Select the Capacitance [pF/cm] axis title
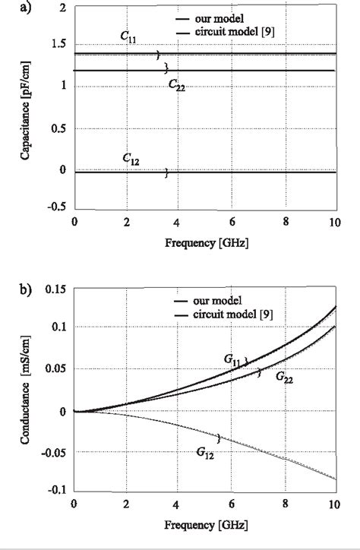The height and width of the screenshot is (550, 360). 27,106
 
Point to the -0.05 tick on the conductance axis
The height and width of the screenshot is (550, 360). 54,450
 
